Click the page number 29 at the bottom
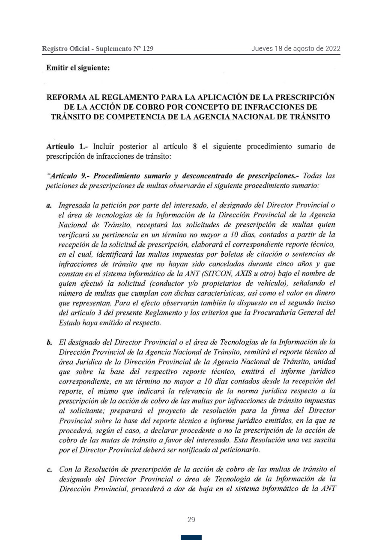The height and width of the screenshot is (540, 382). (191, 520)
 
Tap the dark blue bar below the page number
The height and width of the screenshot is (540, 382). (191, 537)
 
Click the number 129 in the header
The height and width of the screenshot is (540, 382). (148, 49)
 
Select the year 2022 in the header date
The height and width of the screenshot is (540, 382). (332, 48)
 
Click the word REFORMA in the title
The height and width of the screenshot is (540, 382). (71, 97)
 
